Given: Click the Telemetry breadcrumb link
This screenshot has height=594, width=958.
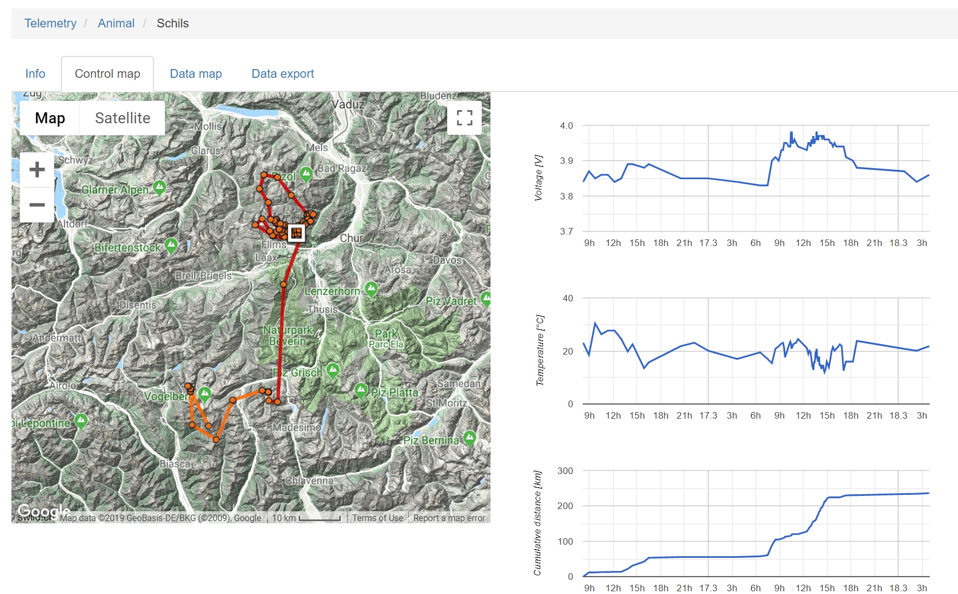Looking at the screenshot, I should tap(50, 23).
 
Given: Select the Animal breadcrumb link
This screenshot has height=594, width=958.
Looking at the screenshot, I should tap(116, 23).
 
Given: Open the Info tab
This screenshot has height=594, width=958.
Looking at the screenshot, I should tap(35, 73).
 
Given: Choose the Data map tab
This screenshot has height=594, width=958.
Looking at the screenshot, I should tap(196, 73).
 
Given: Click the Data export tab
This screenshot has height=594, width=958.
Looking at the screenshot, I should tap(282, 73).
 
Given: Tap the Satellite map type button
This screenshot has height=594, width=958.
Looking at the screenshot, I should tap(122, 118).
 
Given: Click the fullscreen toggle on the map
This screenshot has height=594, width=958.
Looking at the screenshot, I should tap(464, 118).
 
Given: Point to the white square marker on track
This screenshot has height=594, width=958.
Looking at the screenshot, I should tap(296, 233).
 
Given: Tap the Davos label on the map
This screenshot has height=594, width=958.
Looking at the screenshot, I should tap(447, 260).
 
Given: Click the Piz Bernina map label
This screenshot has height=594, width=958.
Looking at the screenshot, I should tap(431, 441).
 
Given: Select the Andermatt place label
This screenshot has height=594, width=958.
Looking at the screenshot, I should tap(56, 338).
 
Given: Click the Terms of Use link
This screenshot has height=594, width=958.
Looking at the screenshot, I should tap(378, 518).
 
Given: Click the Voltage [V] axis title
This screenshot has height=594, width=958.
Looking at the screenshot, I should tap(538, 178).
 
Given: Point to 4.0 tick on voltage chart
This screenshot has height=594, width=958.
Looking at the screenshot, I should tap(566, 125).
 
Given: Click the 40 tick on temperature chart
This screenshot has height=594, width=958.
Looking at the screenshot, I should tap(568, 298).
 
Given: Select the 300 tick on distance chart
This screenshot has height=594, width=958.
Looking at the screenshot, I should tap(565, 471).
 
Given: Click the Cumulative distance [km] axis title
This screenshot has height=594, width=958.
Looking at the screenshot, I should tap(538, 523).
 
